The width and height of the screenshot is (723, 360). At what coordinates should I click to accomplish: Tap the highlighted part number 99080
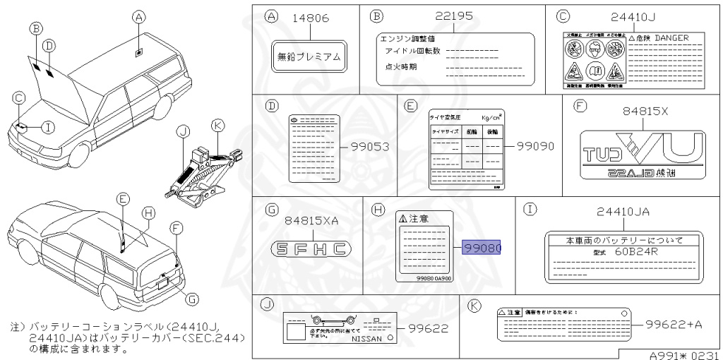tap(482, 248)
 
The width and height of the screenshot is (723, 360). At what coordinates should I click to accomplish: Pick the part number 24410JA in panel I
tap(623, 212)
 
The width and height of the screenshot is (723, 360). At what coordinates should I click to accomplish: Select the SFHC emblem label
tap(311, 248)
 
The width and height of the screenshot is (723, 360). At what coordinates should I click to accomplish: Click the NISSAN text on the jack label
tap(369, 340)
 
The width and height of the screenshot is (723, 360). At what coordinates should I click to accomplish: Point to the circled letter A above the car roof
tap(139, 17)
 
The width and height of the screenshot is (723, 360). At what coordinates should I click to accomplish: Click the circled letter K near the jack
tap(217, 125)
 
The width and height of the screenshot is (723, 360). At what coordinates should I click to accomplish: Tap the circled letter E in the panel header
tap(410, 106)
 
